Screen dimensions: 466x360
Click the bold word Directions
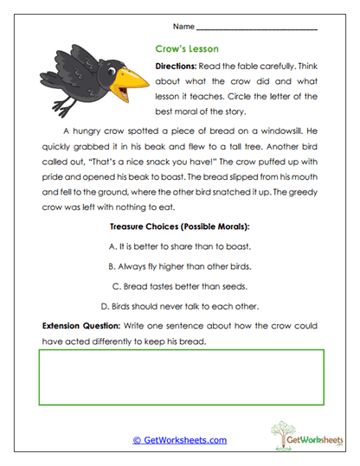(175, 66)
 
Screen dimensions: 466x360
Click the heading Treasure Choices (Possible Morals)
(179, 227)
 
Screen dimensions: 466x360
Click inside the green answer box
(179, 378)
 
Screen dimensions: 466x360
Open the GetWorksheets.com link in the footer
(179, 440)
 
